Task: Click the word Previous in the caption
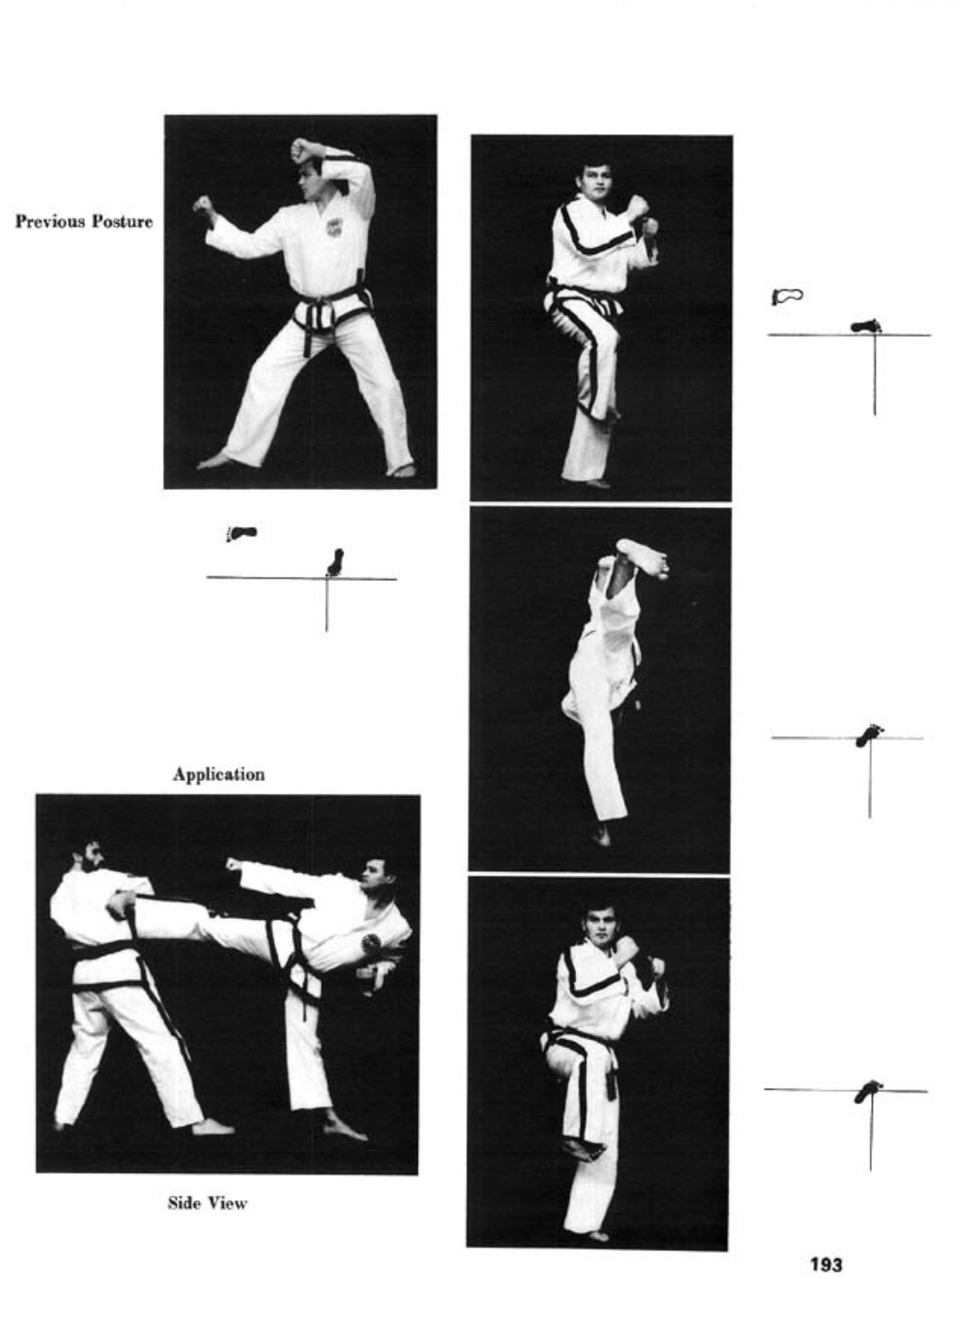pyautogui.click(x=50, y=221)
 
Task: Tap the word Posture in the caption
pyautogui.click(x=122, y=222)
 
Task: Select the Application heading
pyautogui.click(x=218, y=775)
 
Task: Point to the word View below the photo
pyautogui.click(x=226, y=1202)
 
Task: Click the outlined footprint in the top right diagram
pyautogui.click(x=787, y=295)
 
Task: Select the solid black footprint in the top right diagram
pyautogui.click(x=866, y=326)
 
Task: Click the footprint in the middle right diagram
pyautogui.click(x=869, y=734)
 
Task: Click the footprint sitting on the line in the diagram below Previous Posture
pyautogui.click(x=335, y=562)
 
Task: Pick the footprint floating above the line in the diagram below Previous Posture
pyautogui.click(x=242, y=532)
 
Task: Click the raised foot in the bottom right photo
pyautogui.click(x=581, y=1147)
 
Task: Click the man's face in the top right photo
pyautogui.click(x=596, y=181)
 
